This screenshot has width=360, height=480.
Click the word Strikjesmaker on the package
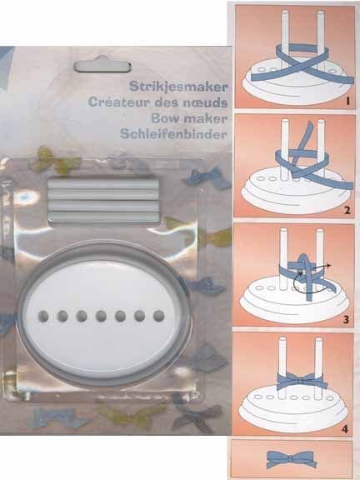pyautogui.click(x=178, y=87)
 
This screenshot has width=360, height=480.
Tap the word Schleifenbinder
pyautogui.click(x=173, y=134)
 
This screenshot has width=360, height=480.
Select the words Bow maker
pyautogui.click(x=189, y=118)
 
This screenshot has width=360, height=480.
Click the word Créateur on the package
pyautogui.click(x=119, y=102)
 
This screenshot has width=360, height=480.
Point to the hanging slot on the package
pyautogui.click(x=102, y=67)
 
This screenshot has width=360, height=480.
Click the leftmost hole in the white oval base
pyautogui.click(x=43, y=316)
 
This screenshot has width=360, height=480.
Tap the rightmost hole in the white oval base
pyautogui.click(x=158, y=316)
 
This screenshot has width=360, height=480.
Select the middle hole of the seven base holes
pyautogui.click(x=101, y=316)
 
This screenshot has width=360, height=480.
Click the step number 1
pyautogui.click(x=347, y=101)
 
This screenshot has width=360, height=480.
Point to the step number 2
pyautogui.click(x=347, y=211)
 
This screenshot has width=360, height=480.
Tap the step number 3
pyautogui.click(x=346, y=320)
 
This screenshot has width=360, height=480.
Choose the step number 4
pyautogui.click(x=345, y=429)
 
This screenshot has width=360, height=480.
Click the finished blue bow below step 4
pyautogui.click(x=291, y=459)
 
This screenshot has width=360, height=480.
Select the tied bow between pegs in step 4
pyautogui.click(x=300, y=381)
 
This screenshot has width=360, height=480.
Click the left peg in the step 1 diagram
pyautogui.click(x=285, y=40)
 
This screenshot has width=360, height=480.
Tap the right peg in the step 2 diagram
pyautogui.click(x=321, y=149)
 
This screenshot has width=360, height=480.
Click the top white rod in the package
pyautogui.click(x=103, y=183)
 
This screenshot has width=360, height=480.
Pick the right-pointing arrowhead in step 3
pyautogui.click(x=328, y=264)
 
